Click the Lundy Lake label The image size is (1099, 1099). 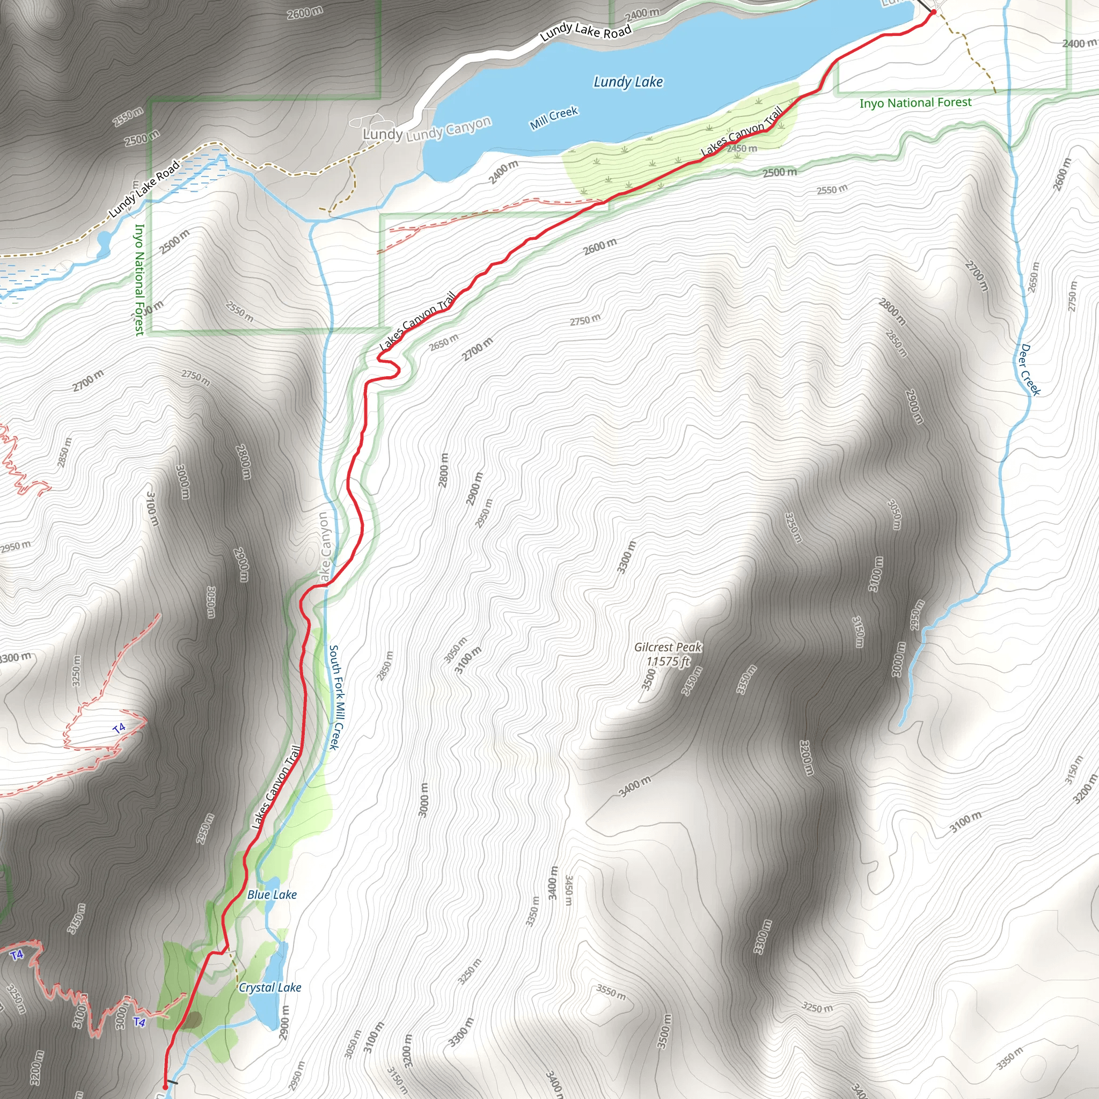tap(628, 82)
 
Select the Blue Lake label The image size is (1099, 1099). tap(272, 895)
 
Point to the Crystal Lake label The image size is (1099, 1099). tap(269, 987)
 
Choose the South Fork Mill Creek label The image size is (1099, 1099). tap(338, 697)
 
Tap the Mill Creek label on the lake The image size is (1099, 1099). tap(554, 117)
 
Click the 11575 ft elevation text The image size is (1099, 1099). tap(669, 662)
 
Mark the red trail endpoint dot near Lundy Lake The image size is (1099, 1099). tap(934, 11)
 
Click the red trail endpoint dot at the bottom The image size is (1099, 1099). tap(165, 1087)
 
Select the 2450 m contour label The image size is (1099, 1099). tap(742, 149)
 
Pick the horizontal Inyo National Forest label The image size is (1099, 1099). tap(915, 103)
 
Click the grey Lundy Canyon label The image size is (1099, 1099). tap(449, 129)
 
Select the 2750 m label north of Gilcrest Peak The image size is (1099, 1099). tap(585, 320)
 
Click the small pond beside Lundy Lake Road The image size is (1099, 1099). tap(103, 242)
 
